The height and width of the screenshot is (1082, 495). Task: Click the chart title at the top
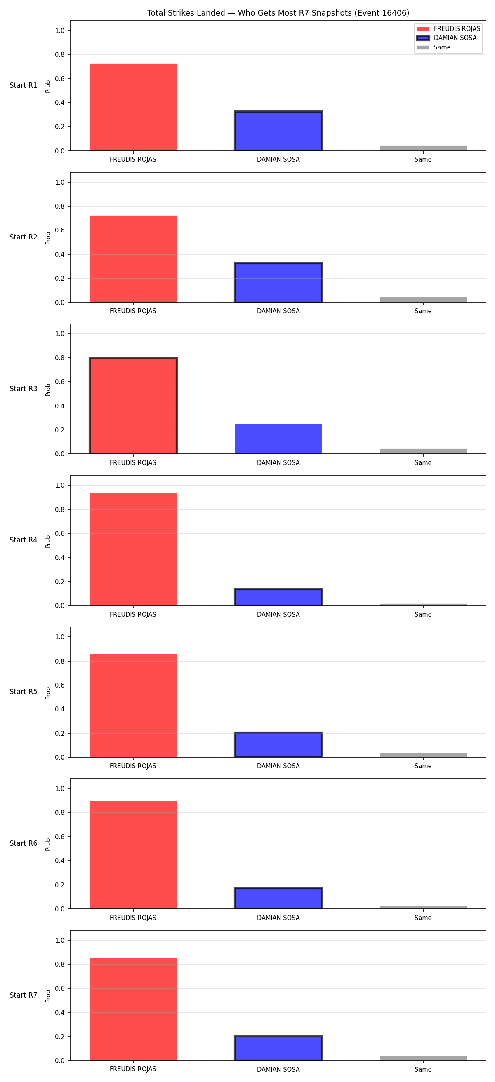[x=278, y=13]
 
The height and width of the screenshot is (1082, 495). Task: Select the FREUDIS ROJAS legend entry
[x=448, y=28]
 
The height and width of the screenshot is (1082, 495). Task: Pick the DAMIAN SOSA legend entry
[x=447, y=38]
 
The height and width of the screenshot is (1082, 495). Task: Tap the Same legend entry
[x=434, y=47]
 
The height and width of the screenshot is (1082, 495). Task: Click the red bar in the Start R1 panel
[x=133, y=107]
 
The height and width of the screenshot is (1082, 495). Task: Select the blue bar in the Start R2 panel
[x=278, y=282]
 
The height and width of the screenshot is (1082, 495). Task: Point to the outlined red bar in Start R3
[x=133, y=406]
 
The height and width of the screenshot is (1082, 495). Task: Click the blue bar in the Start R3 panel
[x=278, y=439]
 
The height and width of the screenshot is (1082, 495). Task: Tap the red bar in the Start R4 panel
[x=133, y=549]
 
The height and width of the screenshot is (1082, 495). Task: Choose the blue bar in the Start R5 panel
[x=278, y=745]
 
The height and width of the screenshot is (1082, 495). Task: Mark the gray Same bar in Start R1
[x=424, y=148]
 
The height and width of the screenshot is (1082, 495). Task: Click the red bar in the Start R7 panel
[x=133, y=1009]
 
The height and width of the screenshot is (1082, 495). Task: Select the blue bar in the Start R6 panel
[x=278, y=899]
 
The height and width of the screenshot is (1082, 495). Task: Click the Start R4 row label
[x=24, y=540]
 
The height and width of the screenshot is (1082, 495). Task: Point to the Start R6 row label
[x=24, y=843]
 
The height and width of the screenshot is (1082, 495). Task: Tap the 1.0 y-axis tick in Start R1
[x=60, y=31]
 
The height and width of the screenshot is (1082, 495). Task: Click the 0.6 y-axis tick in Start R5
[x=60, y=685]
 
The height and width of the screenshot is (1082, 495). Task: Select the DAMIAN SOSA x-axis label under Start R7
[x=278, y=1069]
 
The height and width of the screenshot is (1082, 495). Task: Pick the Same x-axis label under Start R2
[x=423, y=311]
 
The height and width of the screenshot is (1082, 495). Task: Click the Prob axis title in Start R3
[x=48, y=390]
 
